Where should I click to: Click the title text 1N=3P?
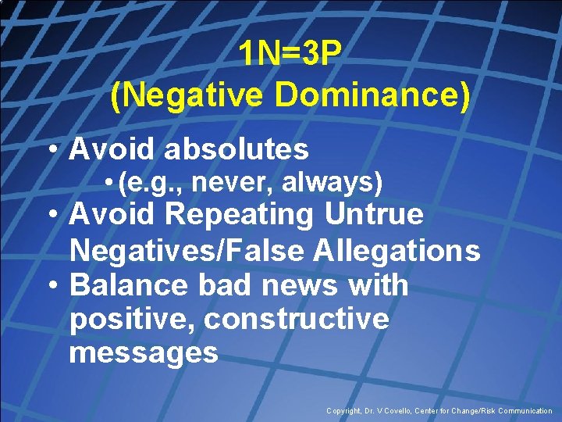(x=290, y=54)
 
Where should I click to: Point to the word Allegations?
(x=398, y=250)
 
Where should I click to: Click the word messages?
(x=144, y=352)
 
